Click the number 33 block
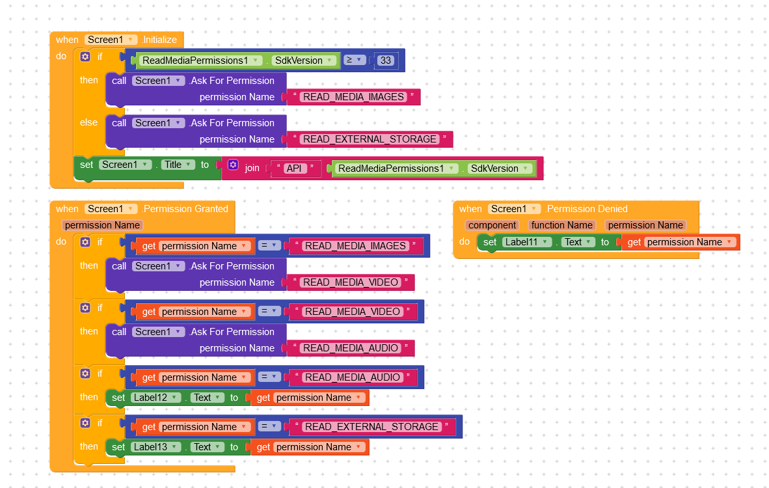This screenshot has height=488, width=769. click(x=386, y=61)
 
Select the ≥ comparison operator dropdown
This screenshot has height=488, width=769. click(x=354, y=60)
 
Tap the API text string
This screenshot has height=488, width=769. click(x=294, y=169)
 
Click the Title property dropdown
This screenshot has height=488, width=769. click(x=178, y=165)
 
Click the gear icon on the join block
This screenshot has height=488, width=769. click(x=234, y=165)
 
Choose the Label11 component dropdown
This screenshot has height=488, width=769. click(x=527, y=242)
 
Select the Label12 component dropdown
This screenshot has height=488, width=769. click(x=155, y=398)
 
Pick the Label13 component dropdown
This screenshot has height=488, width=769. click(x=155, y=447)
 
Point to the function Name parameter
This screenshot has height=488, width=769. click(x=561, y=225)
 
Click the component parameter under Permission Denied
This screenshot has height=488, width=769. click(x=492, y=225)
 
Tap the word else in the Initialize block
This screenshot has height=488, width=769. click(x=88, y=122)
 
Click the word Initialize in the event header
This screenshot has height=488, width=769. click(x=160, y=40)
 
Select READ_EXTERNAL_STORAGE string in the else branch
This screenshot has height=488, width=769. click(x=370, y=139)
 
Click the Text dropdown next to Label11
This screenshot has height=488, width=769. click(x=578, y=242)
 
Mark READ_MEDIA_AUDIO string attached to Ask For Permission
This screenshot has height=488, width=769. click(x=351, y=348)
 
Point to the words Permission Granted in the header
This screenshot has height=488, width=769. click(x=186, y=209)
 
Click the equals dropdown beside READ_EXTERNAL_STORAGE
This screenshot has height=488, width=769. click(x=269, y=426)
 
